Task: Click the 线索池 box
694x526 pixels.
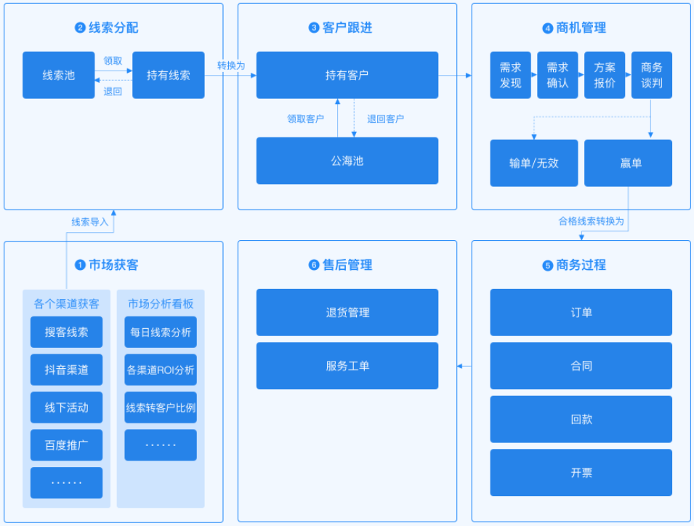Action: tap(58, 75)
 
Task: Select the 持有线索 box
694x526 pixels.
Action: tap(168, 75)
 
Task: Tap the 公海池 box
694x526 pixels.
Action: tap(347, 161)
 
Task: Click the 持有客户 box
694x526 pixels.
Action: tap(347, 75)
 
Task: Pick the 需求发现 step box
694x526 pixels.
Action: tap(510, 75)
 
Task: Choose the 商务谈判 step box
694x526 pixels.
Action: tap(651, 75)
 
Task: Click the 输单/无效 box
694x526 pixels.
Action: tap(533, 163)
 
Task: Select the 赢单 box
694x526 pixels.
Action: tap(628, 163)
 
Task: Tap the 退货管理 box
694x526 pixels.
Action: tap(347, 312)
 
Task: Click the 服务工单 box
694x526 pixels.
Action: tap(347, 366)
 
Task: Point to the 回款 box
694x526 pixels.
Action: tap(581, 419)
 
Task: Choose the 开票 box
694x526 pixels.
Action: tap(581, 473)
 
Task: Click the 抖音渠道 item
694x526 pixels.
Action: tap(66, 370)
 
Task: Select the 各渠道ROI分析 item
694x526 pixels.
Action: tap(161, 370)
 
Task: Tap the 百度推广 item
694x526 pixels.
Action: tap(66, 445)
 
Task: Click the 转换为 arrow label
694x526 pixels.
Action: tap(231, 65)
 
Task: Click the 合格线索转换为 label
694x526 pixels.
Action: tap(591, 220)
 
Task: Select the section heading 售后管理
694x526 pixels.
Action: tap(347, 266)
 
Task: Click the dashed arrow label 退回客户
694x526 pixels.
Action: tap(385, 119)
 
